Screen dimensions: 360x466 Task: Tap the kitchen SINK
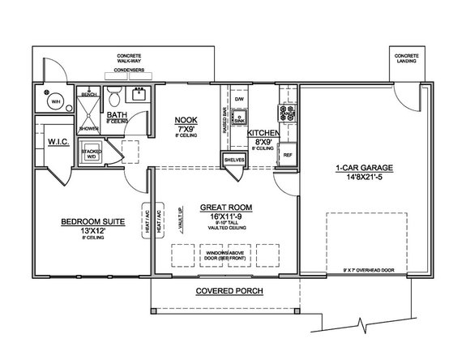pos(239,117)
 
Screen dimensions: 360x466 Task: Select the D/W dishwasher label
pos(239,99)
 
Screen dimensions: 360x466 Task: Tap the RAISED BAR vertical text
pos(224,122)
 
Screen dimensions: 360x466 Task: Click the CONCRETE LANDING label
pos(407,59)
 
